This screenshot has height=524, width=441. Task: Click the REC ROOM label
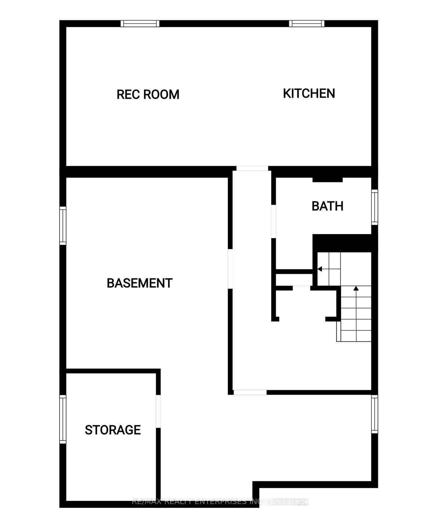(148, 94)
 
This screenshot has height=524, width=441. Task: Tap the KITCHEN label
(309, 93)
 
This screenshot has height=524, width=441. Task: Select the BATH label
(327, 206)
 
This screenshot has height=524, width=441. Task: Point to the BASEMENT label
(139, 283)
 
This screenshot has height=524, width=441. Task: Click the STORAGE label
(112, 430)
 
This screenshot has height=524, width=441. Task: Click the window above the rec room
(140, 24)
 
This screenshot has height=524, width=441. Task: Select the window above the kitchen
(306, 24)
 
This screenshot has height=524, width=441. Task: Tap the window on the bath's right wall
(374, 207)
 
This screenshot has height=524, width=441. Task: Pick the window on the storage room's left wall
(63, 419)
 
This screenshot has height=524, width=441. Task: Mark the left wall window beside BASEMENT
(63, 225)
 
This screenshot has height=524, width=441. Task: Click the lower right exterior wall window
(374, 414)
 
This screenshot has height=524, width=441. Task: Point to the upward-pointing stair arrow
(356, 289)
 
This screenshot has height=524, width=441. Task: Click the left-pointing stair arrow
(320, 269)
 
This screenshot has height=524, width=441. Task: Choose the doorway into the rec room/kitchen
(252, 168)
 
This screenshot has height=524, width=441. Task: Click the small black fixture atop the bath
(327, 180)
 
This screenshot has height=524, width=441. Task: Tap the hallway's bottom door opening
(250, 392)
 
